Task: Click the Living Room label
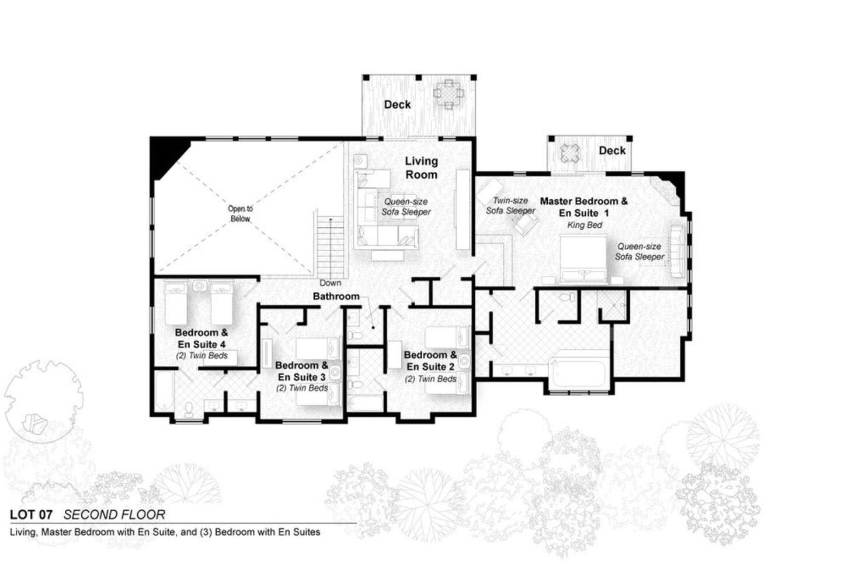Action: [x=421, y=168]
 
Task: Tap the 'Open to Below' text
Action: [x=240, y=213]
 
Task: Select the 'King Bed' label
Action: [x=585, y=225]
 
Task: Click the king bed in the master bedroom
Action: [x=583, y=259]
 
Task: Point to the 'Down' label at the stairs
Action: [x=331, y=283]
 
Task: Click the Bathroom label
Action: [x=336, y=296]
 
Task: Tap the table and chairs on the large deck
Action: [x=449, y=94]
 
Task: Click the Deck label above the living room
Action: [x=397, y=105]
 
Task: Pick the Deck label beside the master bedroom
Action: [x=612, y=151]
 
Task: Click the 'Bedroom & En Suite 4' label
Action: [x=201, y=338]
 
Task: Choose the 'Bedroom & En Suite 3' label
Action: [x=301, y=371]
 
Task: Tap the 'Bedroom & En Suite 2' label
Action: [x=430, y=361]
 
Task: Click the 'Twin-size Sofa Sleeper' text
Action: [x=510, y=206]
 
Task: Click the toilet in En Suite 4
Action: [x=189, y=409]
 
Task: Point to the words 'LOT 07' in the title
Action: [x=31, y=515]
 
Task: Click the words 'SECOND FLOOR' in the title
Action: [x=114, y=515]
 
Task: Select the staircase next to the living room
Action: [x=331, y=245]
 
